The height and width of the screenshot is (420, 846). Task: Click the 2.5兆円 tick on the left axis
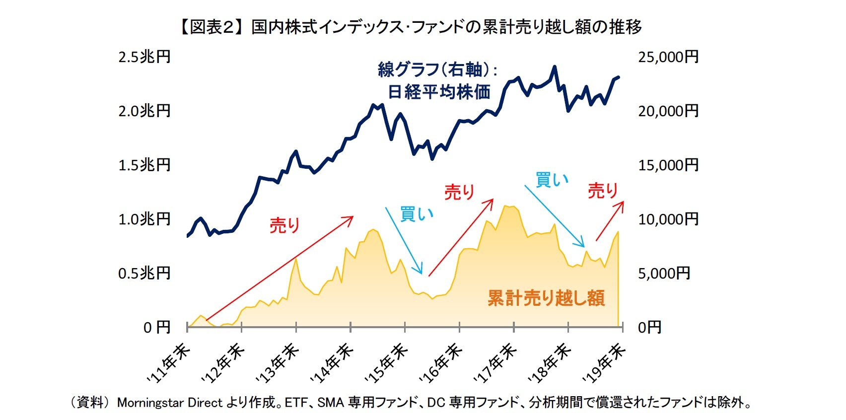(144, 57)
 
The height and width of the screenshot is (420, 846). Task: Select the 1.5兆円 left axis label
(144, 165)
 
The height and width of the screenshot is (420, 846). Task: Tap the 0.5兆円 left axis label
(144, 274)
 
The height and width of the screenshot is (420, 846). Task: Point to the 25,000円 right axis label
(668, 57)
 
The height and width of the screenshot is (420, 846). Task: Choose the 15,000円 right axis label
(668, 165)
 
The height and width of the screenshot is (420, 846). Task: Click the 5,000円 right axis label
(664, 274)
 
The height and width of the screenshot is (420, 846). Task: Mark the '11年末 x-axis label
(169, 363)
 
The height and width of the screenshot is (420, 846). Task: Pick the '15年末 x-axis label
(387, 363)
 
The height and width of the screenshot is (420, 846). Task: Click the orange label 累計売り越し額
(546, 298)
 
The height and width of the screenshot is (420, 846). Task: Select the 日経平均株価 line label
(439, 92)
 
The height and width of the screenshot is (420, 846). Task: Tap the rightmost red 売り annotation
(603, 191)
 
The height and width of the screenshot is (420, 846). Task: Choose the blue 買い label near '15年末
(417, 214)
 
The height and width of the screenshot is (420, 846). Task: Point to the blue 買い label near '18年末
(552, 180)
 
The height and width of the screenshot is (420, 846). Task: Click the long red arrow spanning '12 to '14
(279, 268)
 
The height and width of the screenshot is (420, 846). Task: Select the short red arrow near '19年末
(610, 221)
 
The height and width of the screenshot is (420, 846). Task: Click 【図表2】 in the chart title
(211, 27)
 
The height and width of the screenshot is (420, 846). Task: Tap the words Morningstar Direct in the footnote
(170, 402)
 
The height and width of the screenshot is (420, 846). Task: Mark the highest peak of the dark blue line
(555, 67)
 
